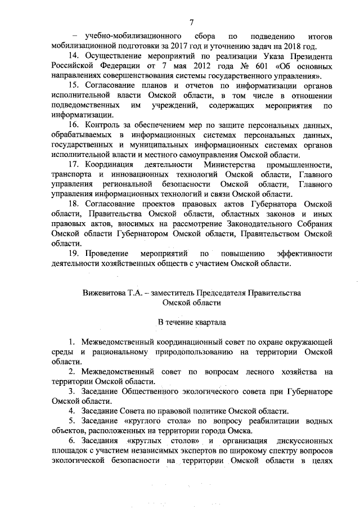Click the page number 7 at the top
click(x=191, y=22)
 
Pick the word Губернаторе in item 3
click(x=304, y=391)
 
